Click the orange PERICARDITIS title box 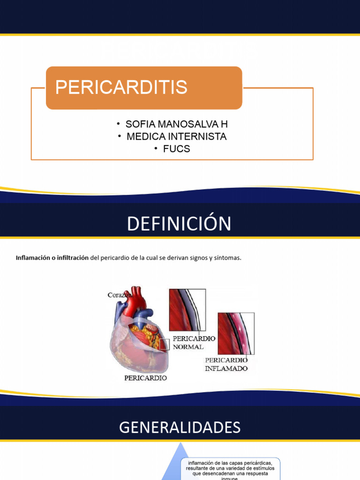(x=143, y=88)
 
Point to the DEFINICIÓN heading (x=179, y=224)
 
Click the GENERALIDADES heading (x=180, y=427)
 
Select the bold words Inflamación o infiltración (x=52, y=257)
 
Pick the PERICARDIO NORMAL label (x=194, y=342)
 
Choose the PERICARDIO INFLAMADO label (x=226, y=364)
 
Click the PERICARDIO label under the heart (x=145, y=377)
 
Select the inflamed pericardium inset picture (x=236, y=333)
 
